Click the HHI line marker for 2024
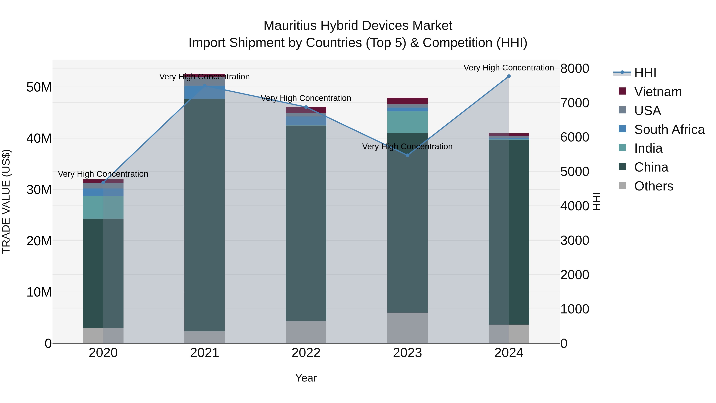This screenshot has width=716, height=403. tap(509, 76)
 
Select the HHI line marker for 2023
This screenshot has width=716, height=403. tap(408, 155)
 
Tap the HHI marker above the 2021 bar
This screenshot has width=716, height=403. tap(205, 85)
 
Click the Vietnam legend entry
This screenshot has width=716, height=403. tap(658, 92)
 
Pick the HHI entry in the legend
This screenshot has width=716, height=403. tap(645, 73)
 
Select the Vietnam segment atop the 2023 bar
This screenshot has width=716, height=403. tap(408, 101)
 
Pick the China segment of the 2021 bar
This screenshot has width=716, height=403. tap(205, 214)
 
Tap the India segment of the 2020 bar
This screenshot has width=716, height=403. tap(103, 207)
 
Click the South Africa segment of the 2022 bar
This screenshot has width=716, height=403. tap(306, 121)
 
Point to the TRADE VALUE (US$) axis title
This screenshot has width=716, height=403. tap(6, 201)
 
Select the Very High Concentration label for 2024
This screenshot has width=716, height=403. tap(508, 68)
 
